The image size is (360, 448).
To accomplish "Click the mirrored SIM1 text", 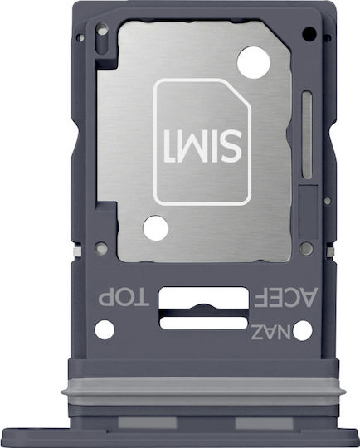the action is click(x=203, y=146).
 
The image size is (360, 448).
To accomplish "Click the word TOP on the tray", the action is click(x=124, y=299).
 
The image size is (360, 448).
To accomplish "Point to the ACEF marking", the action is click(x=286, y=297).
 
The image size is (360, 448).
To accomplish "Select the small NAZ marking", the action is click(x=271, y=332).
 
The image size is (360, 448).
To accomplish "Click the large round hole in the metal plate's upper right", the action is click(x=254, y=62).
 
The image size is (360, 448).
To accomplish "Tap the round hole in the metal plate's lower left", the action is click(x=156, y=228).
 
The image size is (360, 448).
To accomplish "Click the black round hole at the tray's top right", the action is click(x=309, y=34).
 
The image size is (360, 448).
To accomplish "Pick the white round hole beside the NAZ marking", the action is click(x=303, y=330).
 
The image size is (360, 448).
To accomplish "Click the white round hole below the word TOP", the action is click(x=105, y=329).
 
